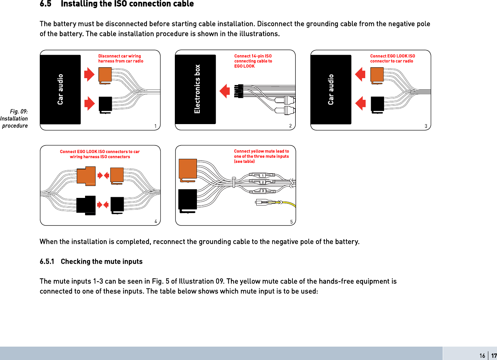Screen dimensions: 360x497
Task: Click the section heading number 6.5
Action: pyautogui.click(x=46, y=4)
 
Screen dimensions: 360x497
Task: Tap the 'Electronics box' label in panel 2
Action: pyautogui.click(x=197, y=89)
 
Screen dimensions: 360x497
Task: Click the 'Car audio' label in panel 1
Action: pyautogui.click(x=60, y=89)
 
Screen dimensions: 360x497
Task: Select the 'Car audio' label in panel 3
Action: pyautogui.click(x=331, y=89)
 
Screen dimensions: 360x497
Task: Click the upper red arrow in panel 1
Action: pyautogui.click(x=89, y=75)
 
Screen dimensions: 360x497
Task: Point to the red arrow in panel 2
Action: pyautogui.click(x=225, y=91)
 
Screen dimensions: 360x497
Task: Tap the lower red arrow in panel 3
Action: pyautogui.click(x=361, y=103)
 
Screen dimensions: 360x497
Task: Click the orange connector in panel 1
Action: pyautogui.click(x=105, y=75)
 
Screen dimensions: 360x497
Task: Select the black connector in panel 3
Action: pyautogui.click(x=377, y=104)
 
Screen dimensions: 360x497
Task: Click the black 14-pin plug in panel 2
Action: pyautogui.click(x=239, y=91)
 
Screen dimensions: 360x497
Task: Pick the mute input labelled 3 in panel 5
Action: pyautogui.click(x=263, y=191)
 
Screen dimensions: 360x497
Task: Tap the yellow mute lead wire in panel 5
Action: pyautogui.click(x=290, y=204)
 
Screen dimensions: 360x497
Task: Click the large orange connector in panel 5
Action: pyautogui.click(x=188, y=169)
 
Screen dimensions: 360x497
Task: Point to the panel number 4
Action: pyautogui.click(x=156, y=221)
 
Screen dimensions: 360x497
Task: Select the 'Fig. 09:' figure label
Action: pyautogui.click(x=19, y=111)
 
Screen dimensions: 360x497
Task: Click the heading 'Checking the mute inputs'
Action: pyautogui.click(x=101, y=262)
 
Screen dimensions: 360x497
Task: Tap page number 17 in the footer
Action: pyautogui.click(x=494, y=356)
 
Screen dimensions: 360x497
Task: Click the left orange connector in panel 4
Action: pyautogui.click(x=86, y=176)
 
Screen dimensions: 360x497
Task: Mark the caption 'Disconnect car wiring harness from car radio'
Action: pyautogui.click(x=121, y=59)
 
